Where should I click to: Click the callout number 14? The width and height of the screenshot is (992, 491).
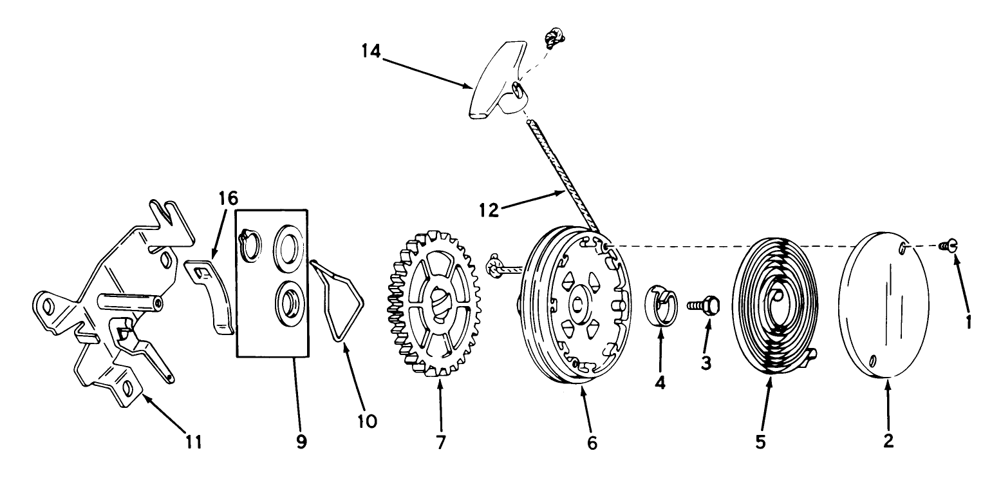point(371,52)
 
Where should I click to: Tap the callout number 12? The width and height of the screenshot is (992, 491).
point(489,210)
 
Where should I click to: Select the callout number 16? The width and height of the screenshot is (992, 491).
point(228,198)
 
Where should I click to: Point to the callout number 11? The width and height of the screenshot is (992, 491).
point(194,441)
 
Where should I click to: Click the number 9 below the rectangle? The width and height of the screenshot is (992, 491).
point(301,441)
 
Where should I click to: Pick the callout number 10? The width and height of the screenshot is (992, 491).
point(367,421)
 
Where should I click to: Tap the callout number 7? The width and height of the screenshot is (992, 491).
point(441,442)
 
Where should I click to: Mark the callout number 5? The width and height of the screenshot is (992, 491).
point(760,442)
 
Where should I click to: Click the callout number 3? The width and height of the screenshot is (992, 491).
point(706,363)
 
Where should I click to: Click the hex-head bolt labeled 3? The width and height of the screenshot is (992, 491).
point(703,305)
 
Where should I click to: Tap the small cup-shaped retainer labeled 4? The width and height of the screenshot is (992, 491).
point(660,306)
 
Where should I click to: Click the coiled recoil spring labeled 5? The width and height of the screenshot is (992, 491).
point(775,306)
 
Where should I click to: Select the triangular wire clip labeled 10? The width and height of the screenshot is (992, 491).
point(337,300)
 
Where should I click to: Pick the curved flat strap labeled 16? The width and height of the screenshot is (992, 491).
point(209,296)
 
